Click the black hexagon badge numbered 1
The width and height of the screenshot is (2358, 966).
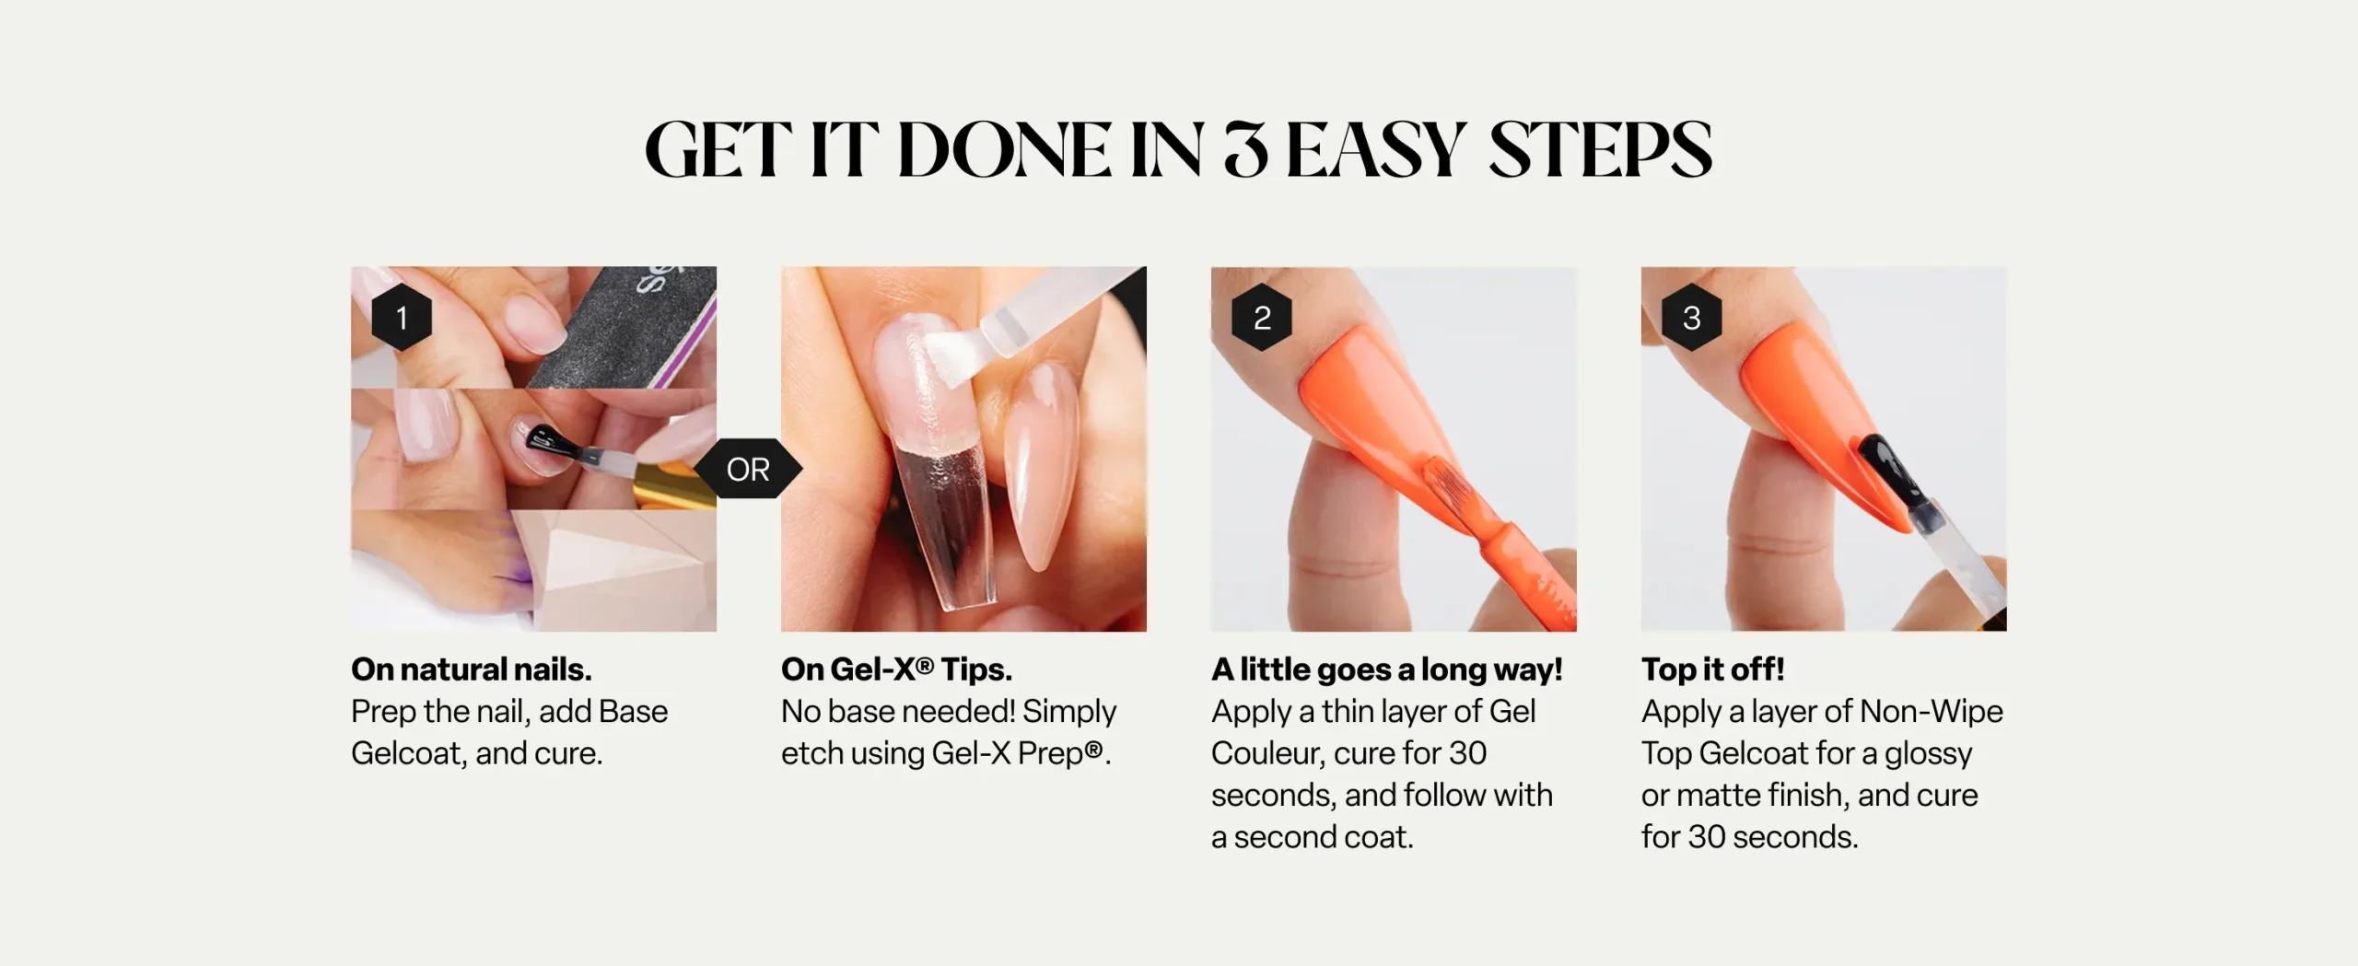tap(402, 318)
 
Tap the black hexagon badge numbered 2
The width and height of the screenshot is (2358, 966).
tap(1262, 318)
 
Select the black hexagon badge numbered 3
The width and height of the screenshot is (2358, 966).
tap(1691, 318)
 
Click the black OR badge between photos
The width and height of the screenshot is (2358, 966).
tap(748, 470)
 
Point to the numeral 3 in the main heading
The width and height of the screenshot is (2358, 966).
tap(1245, 149)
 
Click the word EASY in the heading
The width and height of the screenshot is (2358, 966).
tap(1375, 149)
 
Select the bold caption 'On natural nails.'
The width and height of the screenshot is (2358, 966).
tap(472, 669)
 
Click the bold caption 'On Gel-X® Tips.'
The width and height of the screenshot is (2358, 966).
tap(896, 669)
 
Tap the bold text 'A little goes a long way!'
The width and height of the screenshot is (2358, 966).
tap(1386, 670)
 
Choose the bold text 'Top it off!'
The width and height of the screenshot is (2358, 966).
tap(1712, 669)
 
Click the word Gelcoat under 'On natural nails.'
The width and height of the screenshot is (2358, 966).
tap(407, 753)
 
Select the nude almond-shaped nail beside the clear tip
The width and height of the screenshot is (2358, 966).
tap(1044, 465)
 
